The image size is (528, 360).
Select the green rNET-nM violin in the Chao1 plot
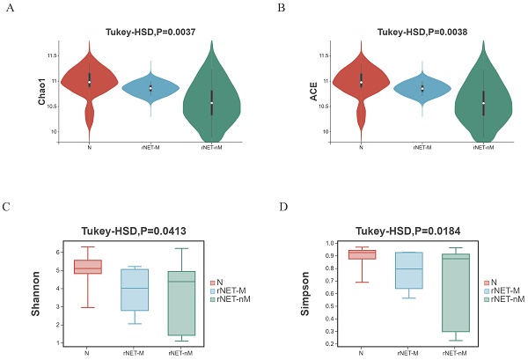[x=211, y=104]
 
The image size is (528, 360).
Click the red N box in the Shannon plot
[x=88, y=267]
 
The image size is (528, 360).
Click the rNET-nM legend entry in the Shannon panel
[x=231, y=300]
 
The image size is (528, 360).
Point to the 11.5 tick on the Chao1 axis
[x=53, y=55]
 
